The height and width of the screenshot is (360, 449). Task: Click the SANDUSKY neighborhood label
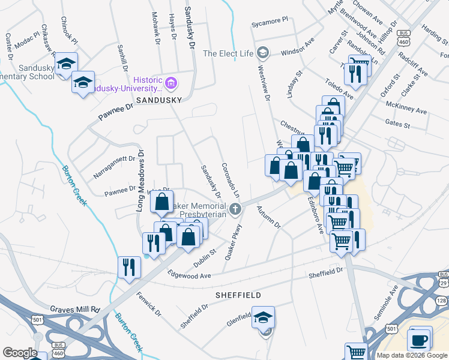pos(158,100)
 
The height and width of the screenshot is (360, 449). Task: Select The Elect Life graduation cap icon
pos(262,53)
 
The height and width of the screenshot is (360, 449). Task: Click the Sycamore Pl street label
pos(270,22)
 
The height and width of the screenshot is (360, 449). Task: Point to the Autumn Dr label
pos(269,218)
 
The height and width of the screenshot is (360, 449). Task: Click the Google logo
pos(20,352)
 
